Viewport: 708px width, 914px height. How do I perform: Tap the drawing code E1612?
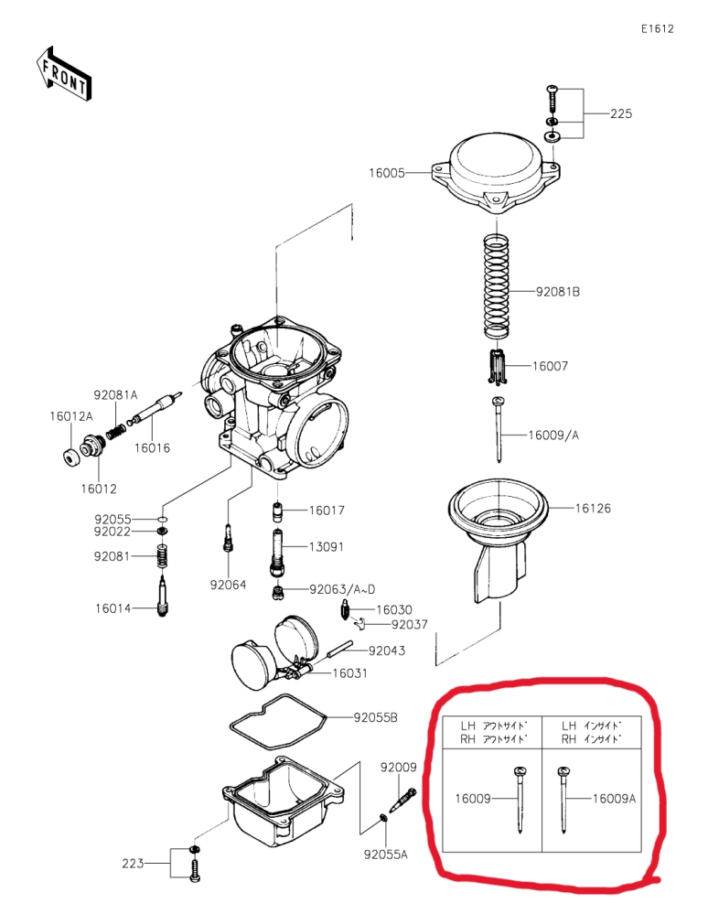pyautogui.click(x=658, y=28)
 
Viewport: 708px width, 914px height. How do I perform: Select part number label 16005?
pyautogui.click(x=386, y=173)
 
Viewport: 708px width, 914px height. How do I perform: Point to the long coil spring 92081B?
pyautogui.click(x=497, y=286)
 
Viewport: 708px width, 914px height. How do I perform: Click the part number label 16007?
pyautogui.click(x=550, y=366)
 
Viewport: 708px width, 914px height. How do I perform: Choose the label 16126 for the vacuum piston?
pyautogui.click(x=593, y=509)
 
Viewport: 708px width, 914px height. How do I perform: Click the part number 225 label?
pyautogui.click(x=621, y=113)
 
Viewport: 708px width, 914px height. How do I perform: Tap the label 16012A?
pyautogui.click(x=71, y=416)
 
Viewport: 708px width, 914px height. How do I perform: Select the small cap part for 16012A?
pyautogui.click(x=70, y=457)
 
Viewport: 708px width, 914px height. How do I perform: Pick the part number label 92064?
pyautogui.click(x=228, y=585)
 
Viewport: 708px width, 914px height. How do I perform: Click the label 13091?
pyautogui.click(x=327, y=547)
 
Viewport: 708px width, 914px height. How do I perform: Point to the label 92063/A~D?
pyautogui.click(x=342, y=589)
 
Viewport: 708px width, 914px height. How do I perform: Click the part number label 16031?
pyautogui.click(x=349, y=673)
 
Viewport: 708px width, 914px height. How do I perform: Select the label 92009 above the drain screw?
pyautogui.click(x=399, y=767)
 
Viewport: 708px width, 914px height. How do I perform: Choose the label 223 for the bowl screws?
pyautogui.click(x=133, y=864)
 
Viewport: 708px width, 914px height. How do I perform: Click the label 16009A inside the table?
pyautogui.click(x=614, y=799)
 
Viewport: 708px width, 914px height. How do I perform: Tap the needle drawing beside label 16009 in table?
pyautogui.click(x=520, y=800)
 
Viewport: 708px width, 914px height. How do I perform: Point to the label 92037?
pyautogui.click(x=410, y=624)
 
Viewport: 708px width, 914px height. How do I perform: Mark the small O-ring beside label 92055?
pyautogui.click(x=163, y=519)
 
